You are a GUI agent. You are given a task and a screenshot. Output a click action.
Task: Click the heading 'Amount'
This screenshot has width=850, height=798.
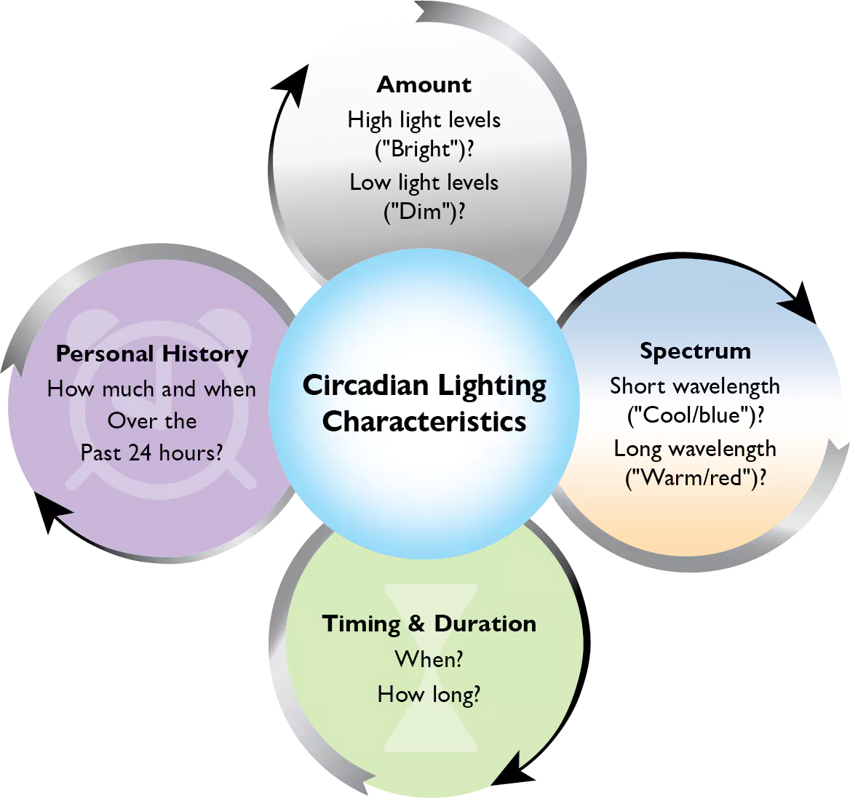pyautogui.click(x=424, y=85)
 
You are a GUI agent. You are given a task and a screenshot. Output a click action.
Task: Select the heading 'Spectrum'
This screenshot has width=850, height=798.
pyautogui.click(x=695, y=351)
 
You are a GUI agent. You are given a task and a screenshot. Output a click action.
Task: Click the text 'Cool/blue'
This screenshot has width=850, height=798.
pyautogui.click(x=695, y=415)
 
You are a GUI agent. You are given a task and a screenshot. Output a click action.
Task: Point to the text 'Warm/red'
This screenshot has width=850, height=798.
pyautogui.click(x=695, y=478)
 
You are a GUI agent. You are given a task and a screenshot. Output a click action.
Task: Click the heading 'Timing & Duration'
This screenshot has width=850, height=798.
pyautogui.click(x=429, y=624)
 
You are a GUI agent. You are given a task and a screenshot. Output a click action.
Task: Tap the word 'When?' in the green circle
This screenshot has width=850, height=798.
pyautogui.click(x=429, y=659)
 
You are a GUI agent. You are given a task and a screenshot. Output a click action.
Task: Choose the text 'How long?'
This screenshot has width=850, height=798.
pyautogui.click(x=429, y=695)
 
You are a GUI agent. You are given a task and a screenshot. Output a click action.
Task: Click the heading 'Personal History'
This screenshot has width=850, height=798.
pyautogui.click(x=152, y=354)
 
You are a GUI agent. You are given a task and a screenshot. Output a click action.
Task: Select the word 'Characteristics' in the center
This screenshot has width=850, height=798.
pyautogui.click(x=424, y=422)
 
